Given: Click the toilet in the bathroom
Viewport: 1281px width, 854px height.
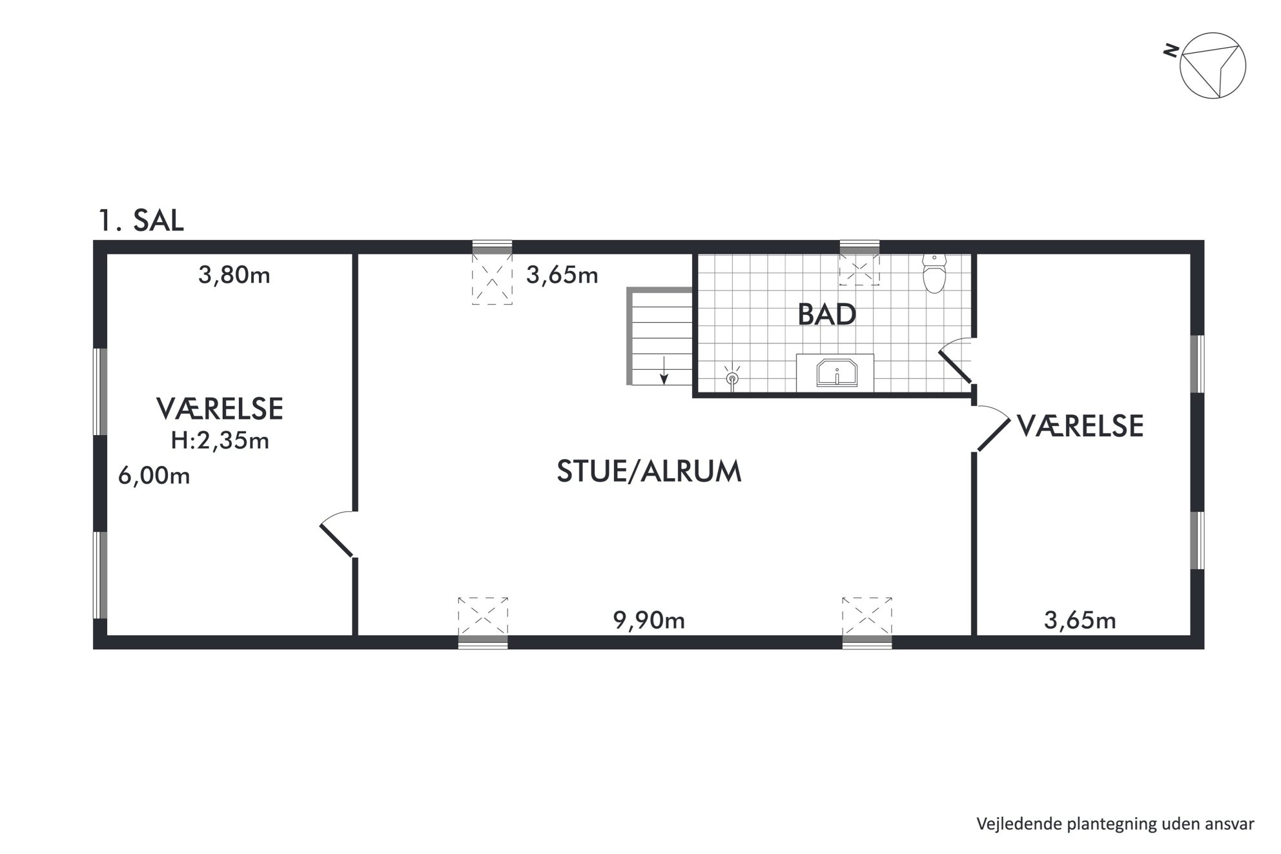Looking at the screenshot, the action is coord(934,273).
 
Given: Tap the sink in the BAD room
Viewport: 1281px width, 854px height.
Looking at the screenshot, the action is coord(837,373).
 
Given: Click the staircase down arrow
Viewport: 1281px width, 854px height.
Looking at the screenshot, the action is coord(664,370).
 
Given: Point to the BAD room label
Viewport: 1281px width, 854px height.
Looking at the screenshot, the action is coord(827,314).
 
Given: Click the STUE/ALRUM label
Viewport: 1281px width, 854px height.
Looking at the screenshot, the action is coord(649,472).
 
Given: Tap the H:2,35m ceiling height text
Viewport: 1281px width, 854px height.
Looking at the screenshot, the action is coord(220,441).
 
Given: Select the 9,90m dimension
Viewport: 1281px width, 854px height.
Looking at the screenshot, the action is coord(648,620).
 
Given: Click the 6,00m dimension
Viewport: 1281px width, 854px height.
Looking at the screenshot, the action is coord(154,476).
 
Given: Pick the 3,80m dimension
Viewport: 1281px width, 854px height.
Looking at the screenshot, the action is coord(234,276).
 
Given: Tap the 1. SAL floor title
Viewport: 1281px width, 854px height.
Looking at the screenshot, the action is coord(141,220).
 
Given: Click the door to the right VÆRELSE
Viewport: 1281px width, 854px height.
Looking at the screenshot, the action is coord(992,428).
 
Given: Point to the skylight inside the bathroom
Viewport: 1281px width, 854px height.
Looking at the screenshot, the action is coord(859,269).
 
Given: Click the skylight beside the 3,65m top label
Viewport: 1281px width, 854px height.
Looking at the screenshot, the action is coord(492,278).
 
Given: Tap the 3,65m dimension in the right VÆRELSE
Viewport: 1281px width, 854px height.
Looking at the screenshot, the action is coord(1080,621).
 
